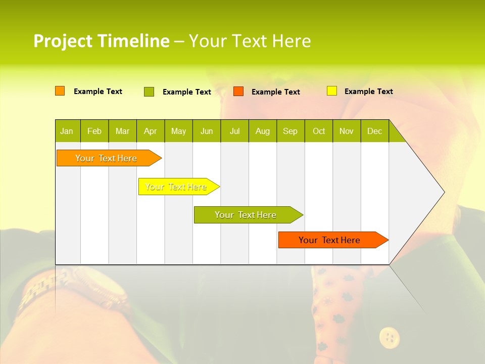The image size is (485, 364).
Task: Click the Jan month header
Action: [67, 131]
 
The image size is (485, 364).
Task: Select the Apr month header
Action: [150, 131]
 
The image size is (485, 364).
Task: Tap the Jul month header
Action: [234, 131]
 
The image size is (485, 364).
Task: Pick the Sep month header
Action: [290, 131]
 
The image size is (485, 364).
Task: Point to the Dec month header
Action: [374, 131]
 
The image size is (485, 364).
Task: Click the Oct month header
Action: [319, 131]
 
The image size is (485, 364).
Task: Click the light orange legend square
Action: [60, 91]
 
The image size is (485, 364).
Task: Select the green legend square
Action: [149, 92]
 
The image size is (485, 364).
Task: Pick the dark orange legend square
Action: [238, 92]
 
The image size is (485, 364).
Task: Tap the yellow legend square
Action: [332, 91]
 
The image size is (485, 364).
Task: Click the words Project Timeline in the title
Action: [101, 41]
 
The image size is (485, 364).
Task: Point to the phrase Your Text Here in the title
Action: [250, 41]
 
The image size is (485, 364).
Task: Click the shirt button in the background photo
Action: [390, 337]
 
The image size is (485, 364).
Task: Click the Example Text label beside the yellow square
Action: [368, 92]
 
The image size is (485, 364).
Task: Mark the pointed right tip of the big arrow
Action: [444, 192]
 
